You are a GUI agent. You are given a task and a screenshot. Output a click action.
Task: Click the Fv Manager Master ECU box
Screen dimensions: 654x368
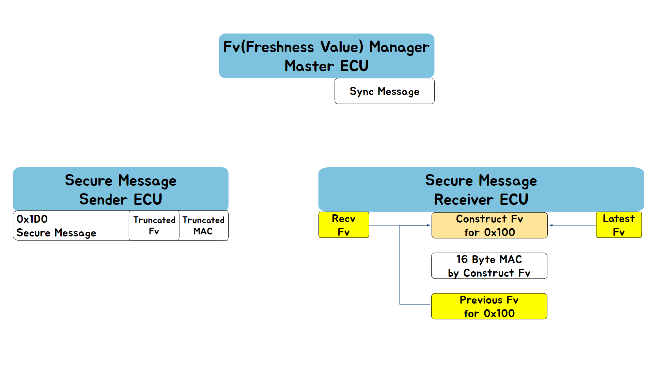tap(326, 56)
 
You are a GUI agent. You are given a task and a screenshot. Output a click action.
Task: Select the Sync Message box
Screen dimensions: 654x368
tap(384, 91)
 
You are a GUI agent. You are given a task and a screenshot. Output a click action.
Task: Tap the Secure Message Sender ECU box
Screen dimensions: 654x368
tap(121, 189)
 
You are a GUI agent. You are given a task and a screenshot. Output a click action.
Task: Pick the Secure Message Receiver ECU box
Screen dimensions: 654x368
tap(481, 189)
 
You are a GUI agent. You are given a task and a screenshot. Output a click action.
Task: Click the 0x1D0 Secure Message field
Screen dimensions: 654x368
tap(71, 226)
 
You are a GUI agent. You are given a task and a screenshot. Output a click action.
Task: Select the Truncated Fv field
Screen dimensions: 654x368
tap(154, 226)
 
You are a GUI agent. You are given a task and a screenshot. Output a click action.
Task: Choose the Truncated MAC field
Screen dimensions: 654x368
tap(203, 226)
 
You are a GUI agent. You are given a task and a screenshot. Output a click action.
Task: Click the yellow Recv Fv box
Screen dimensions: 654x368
tap(344, 225)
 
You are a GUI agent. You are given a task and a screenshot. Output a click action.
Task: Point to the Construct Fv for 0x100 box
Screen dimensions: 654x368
tap(489, 225)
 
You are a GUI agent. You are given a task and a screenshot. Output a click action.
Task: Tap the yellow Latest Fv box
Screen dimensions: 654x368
tap(619, 225)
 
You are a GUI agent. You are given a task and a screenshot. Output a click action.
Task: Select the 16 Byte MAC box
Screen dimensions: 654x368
tap(489, 266)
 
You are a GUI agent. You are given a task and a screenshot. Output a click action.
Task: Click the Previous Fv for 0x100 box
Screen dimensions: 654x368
tap(489, 306)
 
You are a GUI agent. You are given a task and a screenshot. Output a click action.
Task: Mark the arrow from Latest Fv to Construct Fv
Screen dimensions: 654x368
tap(573, 225)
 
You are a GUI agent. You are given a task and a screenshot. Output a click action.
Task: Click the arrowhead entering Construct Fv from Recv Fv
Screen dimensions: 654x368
tap(429, 225)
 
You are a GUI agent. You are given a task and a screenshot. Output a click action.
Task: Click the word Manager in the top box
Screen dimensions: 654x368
tap(399, 47)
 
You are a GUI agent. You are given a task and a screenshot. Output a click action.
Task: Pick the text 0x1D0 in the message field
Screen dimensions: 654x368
tap(32, 219)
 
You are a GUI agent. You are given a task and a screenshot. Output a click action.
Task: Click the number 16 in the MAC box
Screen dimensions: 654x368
tap(462, 259)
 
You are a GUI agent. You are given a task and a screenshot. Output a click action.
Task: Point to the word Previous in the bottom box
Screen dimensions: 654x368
tap(481, 300)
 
